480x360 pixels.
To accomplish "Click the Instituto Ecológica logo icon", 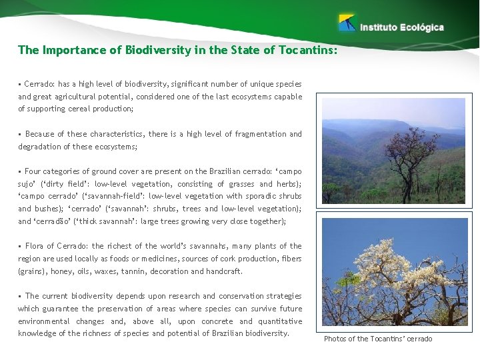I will [x=347, y=23].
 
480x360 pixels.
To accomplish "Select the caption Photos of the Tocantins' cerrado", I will [x=378, y=339].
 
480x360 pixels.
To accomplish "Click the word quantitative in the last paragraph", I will [x=279, y=321].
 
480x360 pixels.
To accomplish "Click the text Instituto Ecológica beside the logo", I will [x=402, y=27].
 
